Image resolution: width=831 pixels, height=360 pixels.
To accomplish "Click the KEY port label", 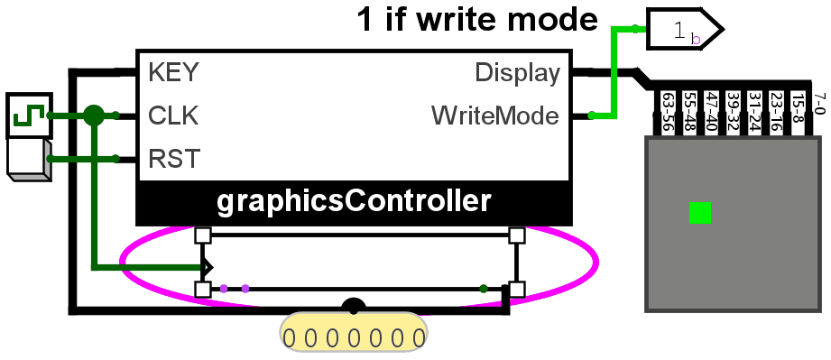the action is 173,72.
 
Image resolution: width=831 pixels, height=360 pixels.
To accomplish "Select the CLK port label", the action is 173,115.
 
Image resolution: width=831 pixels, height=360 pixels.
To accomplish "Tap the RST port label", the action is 174,159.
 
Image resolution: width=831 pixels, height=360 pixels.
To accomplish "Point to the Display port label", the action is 517,73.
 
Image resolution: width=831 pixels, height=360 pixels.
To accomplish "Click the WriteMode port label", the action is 495,115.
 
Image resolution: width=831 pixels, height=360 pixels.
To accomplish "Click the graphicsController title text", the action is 354,202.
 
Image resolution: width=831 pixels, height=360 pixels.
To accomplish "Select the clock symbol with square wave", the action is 29,115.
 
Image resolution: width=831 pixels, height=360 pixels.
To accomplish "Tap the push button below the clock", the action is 29,160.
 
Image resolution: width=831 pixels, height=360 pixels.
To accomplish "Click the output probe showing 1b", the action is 684,29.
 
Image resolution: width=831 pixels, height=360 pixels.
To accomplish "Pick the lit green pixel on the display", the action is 699,213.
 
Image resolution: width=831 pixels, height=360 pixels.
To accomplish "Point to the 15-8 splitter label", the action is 799,107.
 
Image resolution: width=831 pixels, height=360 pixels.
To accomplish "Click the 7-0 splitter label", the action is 820,104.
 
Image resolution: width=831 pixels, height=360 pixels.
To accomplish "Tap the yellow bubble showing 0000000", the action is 354,332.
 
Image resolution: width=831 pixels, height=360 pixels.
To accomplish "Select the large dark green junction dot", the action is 94,115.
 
